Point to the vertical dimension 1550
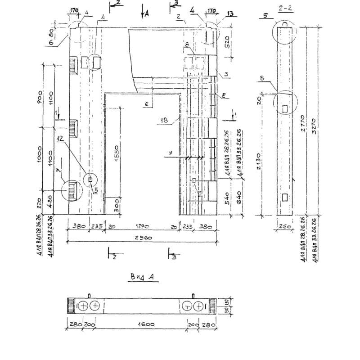(x=117, y=153)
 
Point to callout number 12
(x=60, y=139)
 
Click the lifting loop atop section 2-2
(x=285, y=24)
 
